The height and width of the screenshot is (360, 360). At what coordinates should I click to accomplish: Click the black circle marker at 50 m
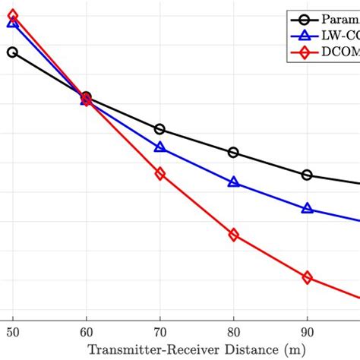[x=12, y=52]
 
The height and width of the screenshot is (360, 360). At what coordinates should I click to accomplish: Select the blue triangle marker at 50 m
[x=12, y=23]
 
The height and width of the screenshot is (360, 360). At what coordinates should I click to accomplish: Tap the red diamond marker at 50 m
[x=12, y=15]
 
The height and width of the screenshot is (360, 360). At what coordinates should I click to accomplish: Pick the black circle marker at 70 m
[x=159, y=130]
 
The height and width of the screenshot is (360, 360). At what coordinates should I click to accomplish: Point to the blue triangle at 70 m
[x=159, y=147]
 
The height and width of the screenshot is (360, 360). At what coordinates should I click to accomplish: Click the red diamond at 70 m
[x=159, y=174]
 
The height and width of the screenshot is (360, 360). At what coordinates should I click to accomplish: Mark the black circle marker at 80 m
[x=233, y=153]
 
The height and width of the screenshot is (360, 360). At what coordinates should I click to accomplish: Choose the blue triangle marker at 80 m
[x=233, y=182]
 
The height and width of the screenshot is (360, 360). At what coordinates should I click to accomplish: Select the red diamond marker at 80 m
[x=233, y=235]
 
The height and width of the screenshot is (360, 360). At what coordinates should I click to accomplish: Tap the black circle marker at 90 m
[x=307, y=175]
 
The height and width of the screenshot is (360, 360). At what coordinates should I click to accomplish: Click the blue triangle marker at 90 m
[x=307, y=207]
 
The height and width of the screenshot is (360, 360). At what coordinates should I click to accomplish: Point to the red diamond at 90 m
[x=307, y=278]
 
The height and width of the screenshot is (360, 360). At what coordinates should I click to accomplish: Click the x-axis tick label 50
[x=12, y=332]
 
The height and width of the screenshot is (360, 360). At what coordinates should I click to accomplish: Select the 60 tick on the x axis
[x=86, y=332]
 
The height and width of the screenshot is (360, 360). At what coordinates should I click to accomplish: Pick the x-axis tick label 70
[x=159, y=332]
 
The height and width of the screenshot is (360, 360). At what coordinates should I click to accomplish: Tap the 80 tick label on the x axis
[x=233, y=332]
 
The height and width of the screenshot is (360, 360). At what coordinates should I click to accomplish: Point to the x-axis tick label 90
[x=307, y=332]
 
